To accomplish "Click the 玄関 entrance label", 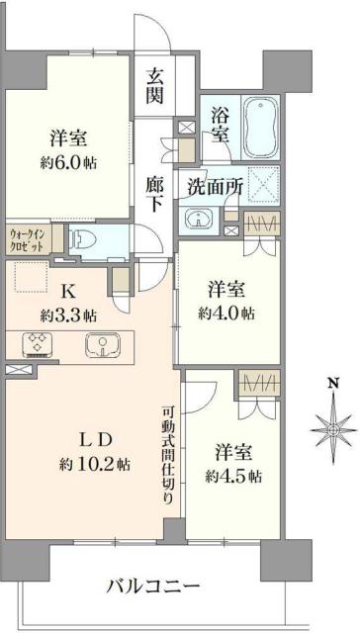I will click(x=156, y=85).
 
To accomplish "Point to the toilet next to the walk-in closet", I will click(x=85, y=238).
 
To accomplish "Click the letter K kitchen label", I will click(x=67, y=292).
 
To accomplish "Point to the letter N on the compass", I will click(x=332, y=383).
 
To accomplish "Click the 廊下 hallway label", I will click(x=156, y=193).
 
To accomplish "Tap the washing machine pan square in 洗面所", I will click(x=262, y=184).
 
